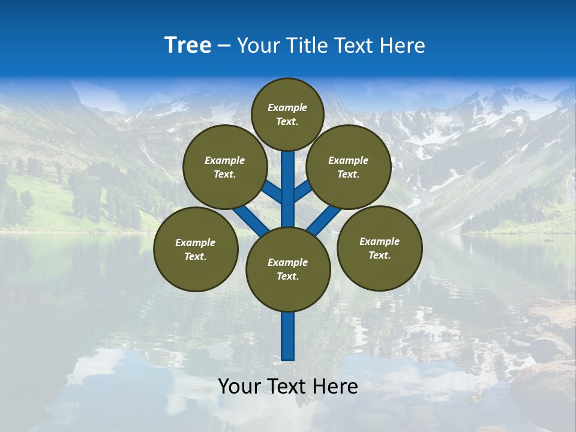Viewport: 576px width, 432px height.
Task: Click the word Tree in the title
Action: (188, 46)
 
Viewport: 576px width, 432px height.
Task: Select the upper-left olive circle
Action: (225, 167)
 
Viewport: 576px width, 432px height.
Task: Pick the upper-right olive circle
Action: (349, 167)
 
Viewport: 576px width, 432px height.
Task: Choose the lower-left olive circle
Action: (196, 250)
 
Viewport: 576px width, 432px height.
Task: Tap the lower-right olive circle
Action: (379, 248)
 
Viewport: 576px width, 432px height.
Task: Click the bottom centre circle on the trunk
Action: (288, 269)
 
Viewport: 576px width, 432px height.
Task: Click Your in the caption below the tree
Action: (239, 387)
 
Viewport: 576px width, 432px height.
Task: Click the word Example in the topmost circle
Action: (287, 107)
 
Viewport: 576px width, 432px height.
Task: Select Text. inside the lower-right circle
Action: (379, 256)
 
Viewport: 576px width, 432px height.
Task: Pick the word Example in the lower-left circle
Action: (196, 243)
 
